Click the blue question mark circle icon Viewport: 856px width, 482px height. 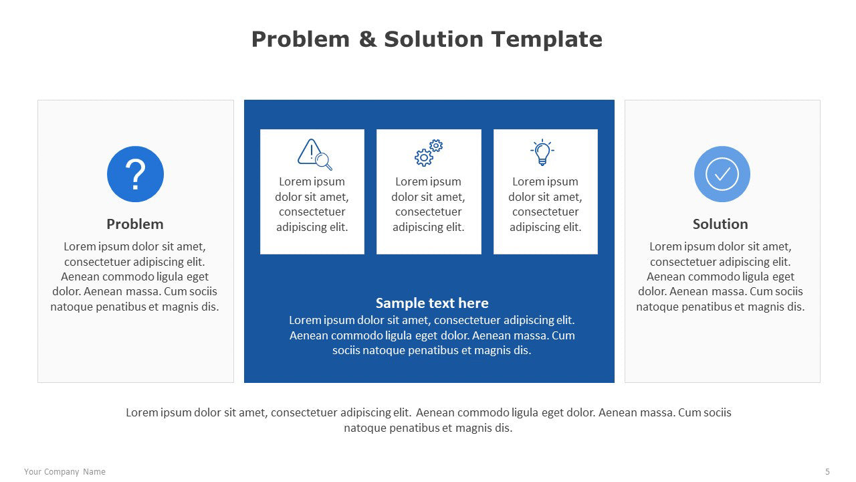(x=135, y=174)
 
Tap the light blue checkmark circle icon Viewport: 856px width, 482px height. (x=722, y=174)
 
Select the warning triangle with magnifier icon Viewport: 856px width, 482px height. (x=314, y=154)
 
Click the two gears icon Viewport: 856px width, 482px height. (x=429, y=153)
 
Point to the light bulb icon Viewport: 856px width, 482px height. (x=542, y=152)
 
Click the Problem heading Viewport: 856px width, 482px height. (x=135, y=224)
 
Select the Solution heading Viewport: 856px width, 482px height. (x=720, y=224)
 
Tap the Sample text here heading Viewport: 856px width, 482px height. (x=432, y=303)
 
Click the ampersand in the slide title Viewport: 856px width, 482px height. (x=368, y=39)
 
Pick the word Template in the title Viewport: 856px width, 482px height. (x=547, y=39)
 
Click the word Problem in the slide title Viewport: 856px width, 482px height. (x=300, y=39)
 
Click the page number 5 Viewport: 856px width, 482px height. (x=827, y=472)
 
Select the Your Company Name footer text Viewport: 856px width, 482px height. (x=65, y=472)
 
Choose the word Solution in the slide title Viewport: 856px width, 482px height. (x=434, y=39)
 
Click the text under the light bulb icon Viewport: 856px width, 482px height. (x=545, y=204)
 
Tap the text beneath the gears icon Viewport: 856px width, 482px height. (x=429, y=204)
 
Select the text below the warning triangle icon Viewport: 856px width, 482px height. (x=312, y=204)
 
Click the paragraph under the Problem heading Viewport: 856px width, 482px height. (x=134, y=276)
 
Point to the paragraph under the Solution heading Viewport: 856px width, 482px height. (x=720, y=276)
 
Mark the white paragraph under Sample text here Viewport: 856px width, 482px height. (x=432, y=335)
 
